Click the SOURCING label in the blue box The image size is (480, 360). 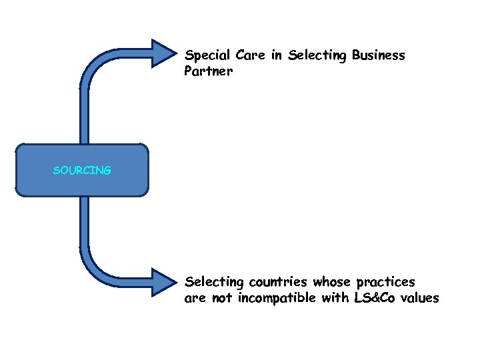[x=82, y=171]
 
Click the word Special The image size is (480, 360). [x=206, y=56]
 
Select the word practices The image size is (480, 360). [x=386, y=282]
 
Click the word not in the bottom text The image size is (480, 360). [x=222, y=298]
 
